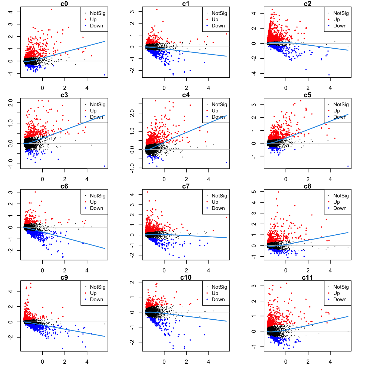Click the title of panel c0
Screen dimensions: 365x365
(x=64, y=4)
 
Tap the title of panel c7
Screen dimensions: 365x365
(x=186, y=186)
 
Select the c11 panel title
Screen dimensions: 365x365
(x=307, y=278)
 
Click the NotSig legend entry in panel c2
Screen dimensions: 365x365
(x=341, y=13)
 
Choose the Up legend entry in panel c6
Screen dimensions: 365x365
(x=93, y=202)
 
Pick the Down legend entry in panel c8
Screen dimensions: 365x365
(x=340, y=208)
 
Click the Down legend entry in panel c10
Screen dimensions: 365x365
(x=218, y=300)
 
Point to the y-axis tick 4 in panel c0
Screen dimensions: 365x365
(x=10, y=12)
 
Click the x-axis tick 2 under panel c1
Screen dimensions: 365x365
(x=186, y=88)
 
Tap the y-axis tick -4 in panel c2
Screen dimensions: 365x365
(x=254, y=74)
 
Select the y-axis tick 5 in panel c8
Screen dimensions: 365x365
(x=254, y=191)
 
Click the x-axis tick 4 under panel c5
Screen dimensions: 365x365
(x=330, y=179)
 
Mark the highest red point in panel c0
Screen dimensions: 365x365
(x=51, y=10)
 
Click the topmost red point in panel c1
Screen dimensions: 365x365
(x=157, y=10)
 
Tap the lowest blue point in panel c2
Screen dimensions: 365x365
(x=329, y=75)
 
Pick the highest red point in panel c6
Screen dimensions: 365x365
(x=35, y=192)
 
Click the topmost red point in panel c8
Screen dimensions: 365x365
(x=278, y=192)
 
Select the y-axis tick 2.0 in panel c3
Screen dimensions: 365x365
(x=10, y=103)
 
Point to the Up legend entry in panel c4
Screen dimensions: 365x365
(x=215, y=111)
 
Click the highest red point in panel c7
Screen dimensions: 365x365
(x=147, y=192)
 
